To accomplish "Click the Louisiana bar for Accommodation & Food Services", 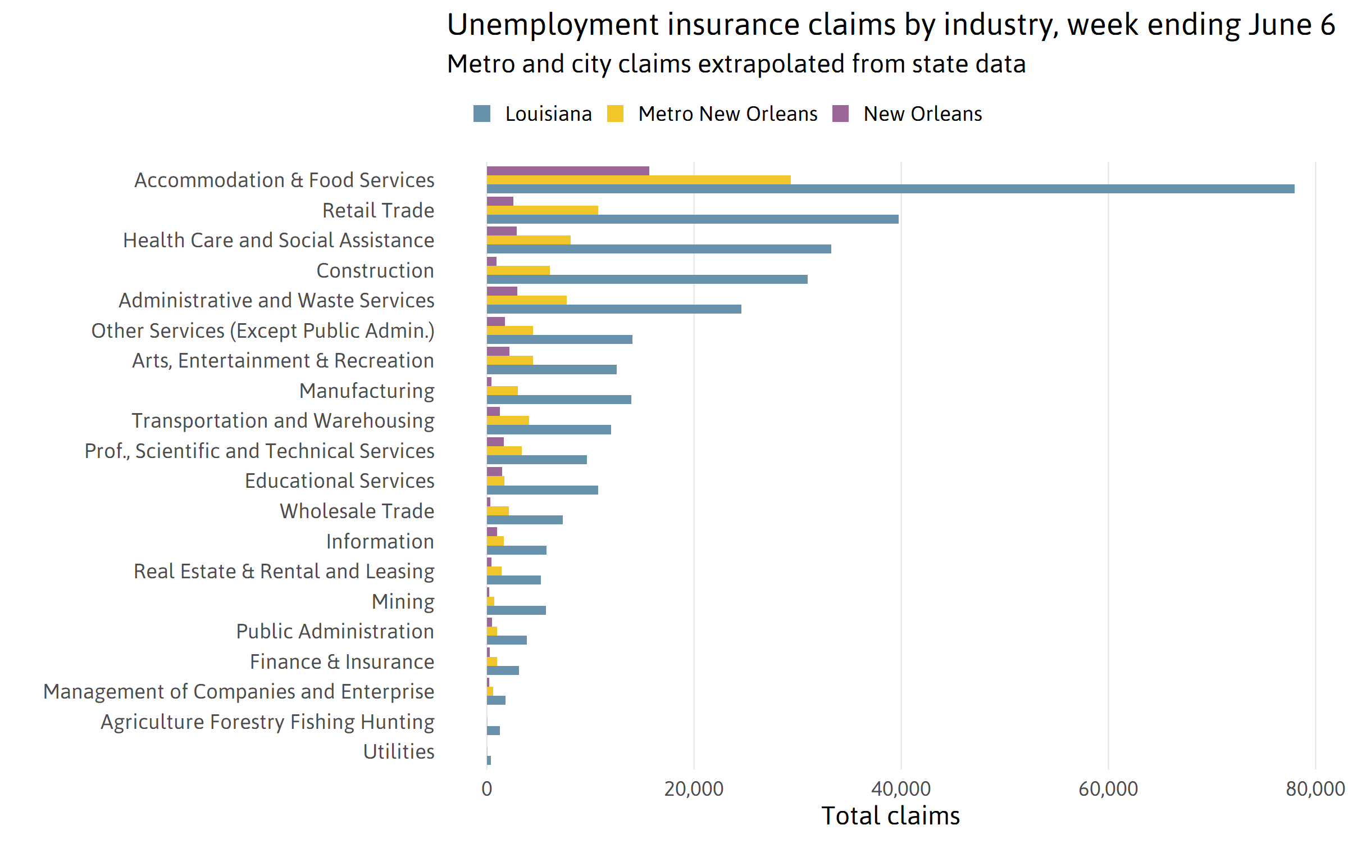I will tap(890, 189).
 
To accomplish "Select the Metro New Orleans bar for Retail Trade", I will tap(542, 210).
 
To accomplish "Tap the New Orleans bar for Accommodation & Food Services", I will tap(568, 171).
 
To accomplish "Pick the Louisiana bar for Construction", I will tap(647, 279).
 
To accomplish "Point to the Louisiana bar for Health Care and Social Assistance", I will tap(659, 249).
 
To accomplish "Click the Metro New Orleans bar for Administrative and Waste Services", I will tap(526, 300).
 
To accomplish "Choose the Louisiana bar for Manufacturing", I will tap(559, 400).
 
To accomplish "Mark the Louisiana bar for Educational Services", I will tap(542, 490).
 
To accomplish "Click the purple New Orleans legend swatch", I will tap(840, 114).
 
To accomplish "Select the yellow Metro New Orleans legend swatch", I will tap(615, 114).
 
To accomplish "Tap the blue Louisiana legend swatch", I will tap(482, 114).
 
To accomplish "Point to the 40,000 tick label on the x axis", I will tap(900, 789).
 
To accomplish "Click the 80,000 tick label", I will tap(1315, 789).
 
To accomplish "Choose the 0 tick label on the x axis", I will tap(486, 789).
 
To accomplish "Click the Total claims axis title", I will tap(890, 816).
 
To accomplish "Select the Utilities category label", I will tap(399, 752).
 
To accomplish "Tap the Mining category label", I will tap(403, 602).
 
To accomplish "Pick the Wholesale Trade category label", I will tap(357, 511).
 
